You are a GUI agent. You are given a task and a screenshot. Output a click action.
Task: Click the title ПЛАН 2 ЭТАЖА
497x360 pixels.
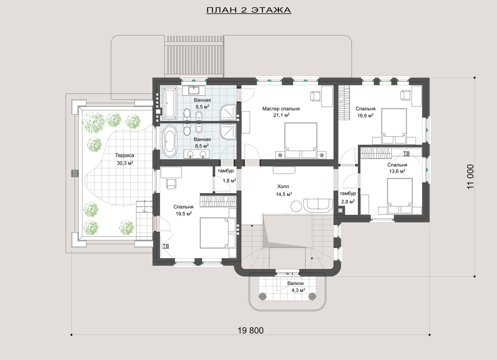point(249,10)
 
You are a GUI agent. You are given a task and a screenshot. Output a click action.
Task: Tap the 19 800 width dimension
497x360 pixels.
point(250,331)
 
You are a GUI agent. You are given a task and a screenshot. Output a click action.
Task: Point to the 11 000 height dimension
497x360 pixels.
point(470,177)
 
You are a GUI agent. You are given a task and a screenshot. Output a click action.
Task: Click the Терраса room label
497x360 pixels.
point(125,155)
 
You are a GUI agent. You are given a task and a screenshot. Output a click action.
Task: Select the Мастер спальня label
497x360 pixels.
point(281,109)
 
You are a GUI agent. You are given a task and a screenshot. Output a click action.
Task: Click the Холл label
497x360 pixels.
point(283,187)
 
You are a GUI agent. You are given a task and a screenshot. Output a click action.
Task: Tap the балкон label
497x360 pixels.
point(295,283)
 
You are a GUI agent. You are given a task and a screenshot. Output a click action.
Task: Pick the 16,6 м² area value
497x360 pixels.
point(365,115)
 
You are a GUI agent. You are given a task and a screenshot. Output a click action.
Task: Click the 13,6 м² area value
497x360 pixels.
point(397,171)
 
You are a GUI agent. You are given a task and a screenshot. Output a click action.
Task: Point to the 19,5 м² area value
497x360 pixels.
point(184,214)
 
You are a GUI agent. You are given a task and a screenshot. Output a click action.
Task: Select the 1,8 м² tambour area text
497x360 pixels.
point(230,180)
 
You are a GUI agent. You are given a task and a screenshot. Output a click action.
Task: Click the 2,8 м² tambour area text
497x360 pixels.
point(347,201)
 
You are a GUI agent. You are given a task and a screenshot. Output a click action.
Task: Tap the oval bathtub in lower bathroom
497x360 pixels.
point(170,142)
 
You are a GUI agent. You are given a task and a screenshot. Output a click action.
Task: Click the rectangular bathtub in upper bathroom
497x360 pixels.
point(170,103)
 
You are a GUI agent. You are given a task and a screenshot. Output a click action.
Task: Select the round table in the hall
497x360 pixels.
point(296,206)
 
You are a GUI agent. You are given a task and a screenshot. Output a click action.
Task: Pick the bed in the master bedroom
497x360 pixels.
point(301,140)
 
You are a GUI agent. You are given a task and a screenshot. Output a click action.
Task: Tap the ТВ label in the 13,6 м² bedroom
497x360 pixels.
point(406,153)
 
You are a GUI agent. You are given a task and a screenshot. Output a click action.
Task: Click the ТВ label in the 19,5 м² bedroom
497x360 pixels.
point(166,246)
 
